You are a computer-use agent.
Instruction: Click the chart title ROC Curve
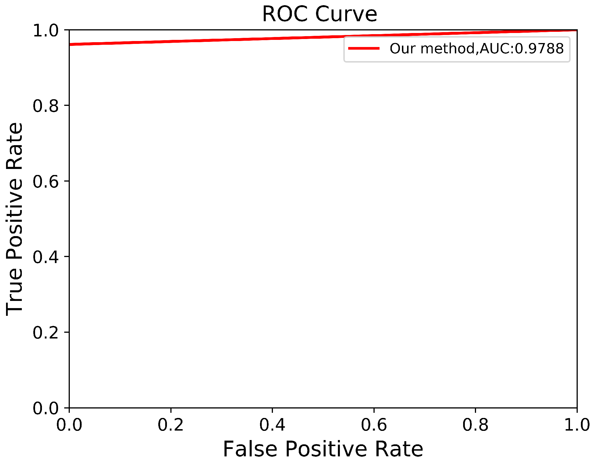click(x=319, y=14)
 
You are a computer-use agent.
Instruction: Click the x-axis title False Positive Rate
click(x=323, y=449)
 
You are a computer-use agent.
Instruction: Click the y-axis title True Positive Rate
click(x=14, y=219)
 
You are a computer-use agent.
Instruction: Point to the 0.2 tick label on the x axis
click(x=171, y=425)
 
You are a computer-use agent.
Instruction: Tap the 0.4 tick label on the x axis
click(x=272, y=425)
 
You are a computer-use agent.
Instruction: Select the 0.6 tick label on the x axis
click(x=374, y=425)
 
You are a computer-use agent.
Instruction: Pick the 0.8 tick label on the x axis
click(x=475, y=425)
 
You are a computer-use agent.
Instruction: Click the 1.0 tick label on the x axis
click(x=577, y=425)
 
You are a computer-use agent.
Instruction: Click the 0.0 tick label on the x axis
click(x=69, y=425)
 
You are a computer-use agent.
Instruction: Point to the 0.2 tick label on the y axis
click(x=46, y=333)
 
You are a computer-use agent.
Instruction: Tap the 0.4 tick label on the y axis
click(x=46, y=257)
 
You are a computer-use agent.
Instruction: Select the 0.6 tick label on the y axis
click(x=46, y=182)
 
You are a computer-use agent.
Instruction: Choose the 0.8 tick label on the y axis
click(x=46, y=106)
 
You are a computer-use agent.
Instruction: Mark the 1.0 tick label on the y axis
click(x=46, y=30)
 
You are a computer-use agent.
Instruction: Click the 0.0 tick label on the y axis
click(x=46, y=408)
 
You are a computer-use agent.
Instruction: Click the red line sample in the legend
click(x=364, y=48)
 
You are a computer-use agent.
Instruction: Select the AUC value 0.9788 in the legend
click(x=539, y=48)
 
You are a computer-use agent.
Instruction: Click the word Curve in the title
click(x=346, y=14)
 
